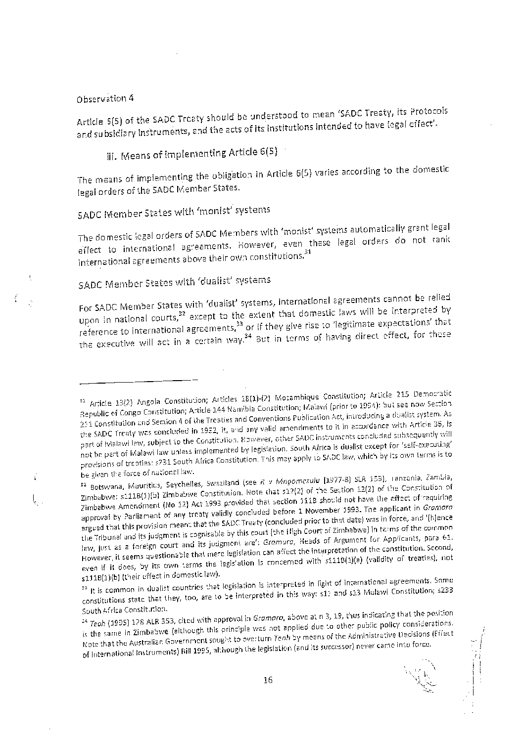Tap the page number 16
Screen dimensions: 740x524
pyautogui.click(x=268, y=680)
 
